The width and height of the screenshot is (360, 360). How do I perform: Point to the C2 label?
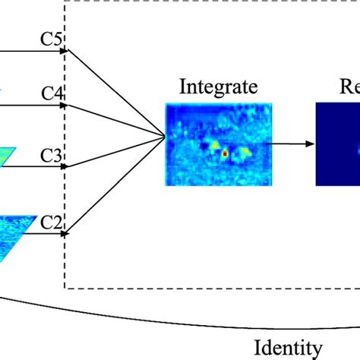[x=51, y=222]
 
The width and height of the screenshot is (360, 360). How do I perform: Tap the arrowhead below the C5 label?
[x=65, y=52]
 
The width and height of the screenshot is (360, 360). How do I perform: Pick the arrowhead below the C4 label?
[x=65, y=106]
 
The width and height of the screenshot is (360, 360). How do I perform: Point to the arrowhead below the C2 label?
[x=65, y=234]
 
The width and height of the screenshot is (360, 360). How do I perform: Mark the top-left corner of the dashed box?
[x=65, y=2]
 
